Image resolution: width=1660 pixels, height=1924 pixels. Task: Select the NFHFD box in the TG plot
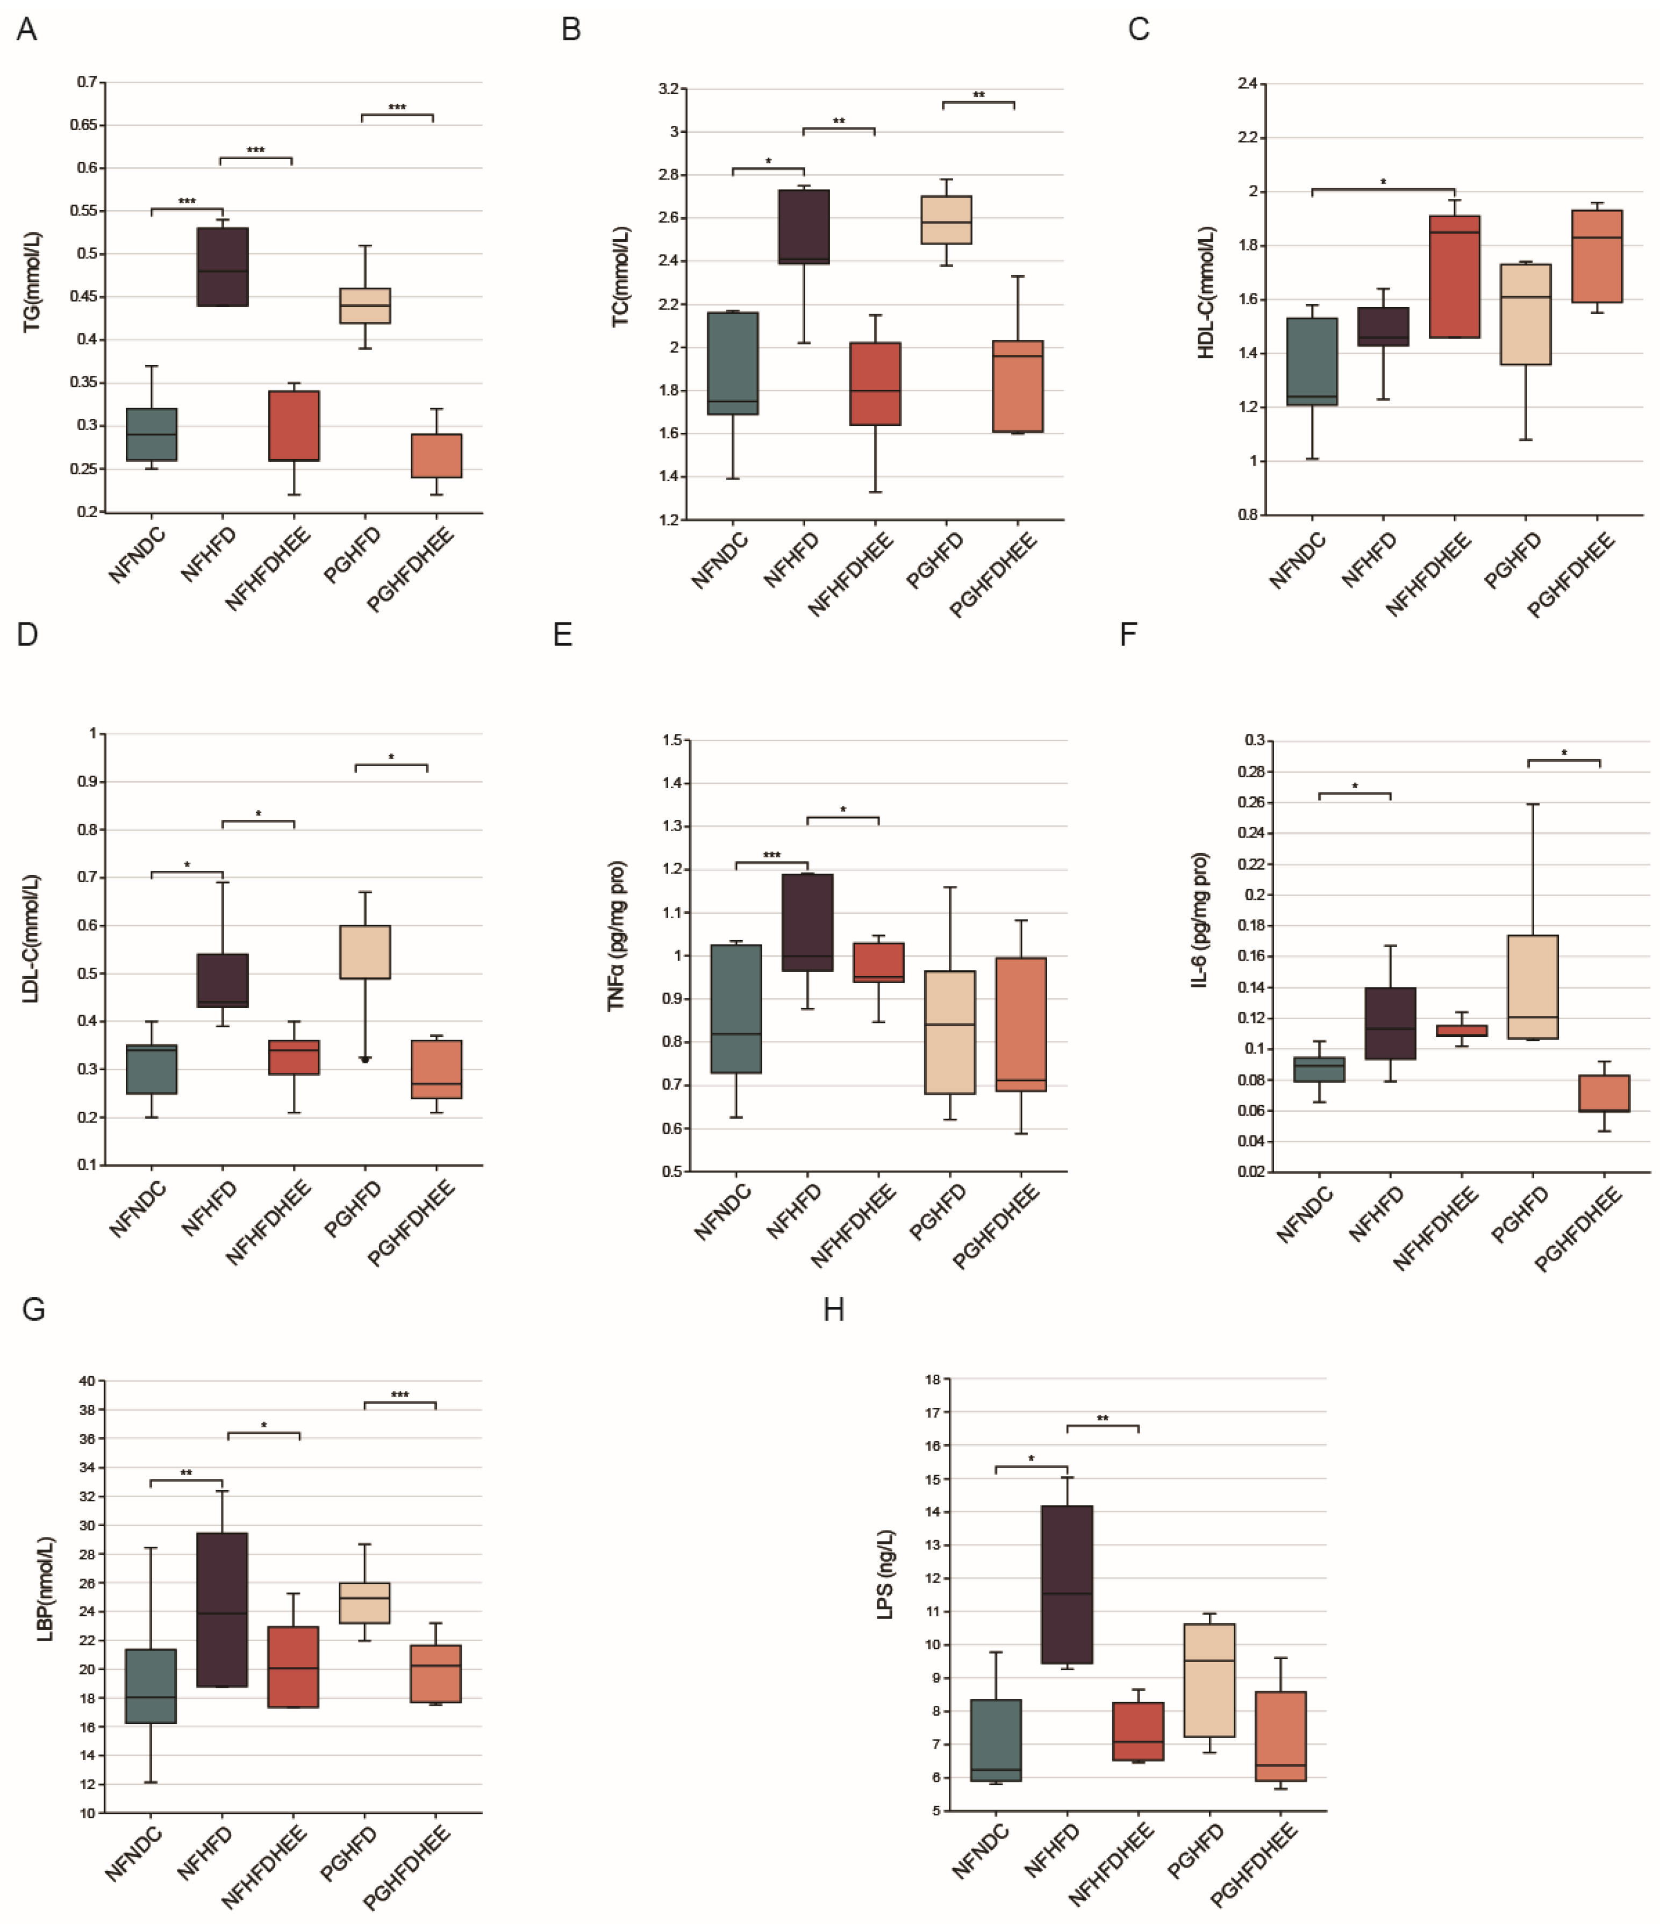click(x=223, y=267)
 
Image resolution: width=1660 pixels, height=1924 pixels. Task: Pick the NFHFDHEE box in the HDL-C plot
click(x=1455, y=277)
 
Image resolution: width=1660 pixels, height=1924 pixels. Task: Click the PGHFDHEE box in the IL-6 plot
click(x=1604, y=1093)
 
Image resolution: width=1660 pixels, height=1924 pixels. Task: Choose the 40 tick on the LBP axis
click(x=87, y=1381)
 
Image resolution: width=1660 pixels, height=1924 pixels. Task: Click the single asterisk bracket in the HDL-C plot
click(x=1383, y=189)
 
